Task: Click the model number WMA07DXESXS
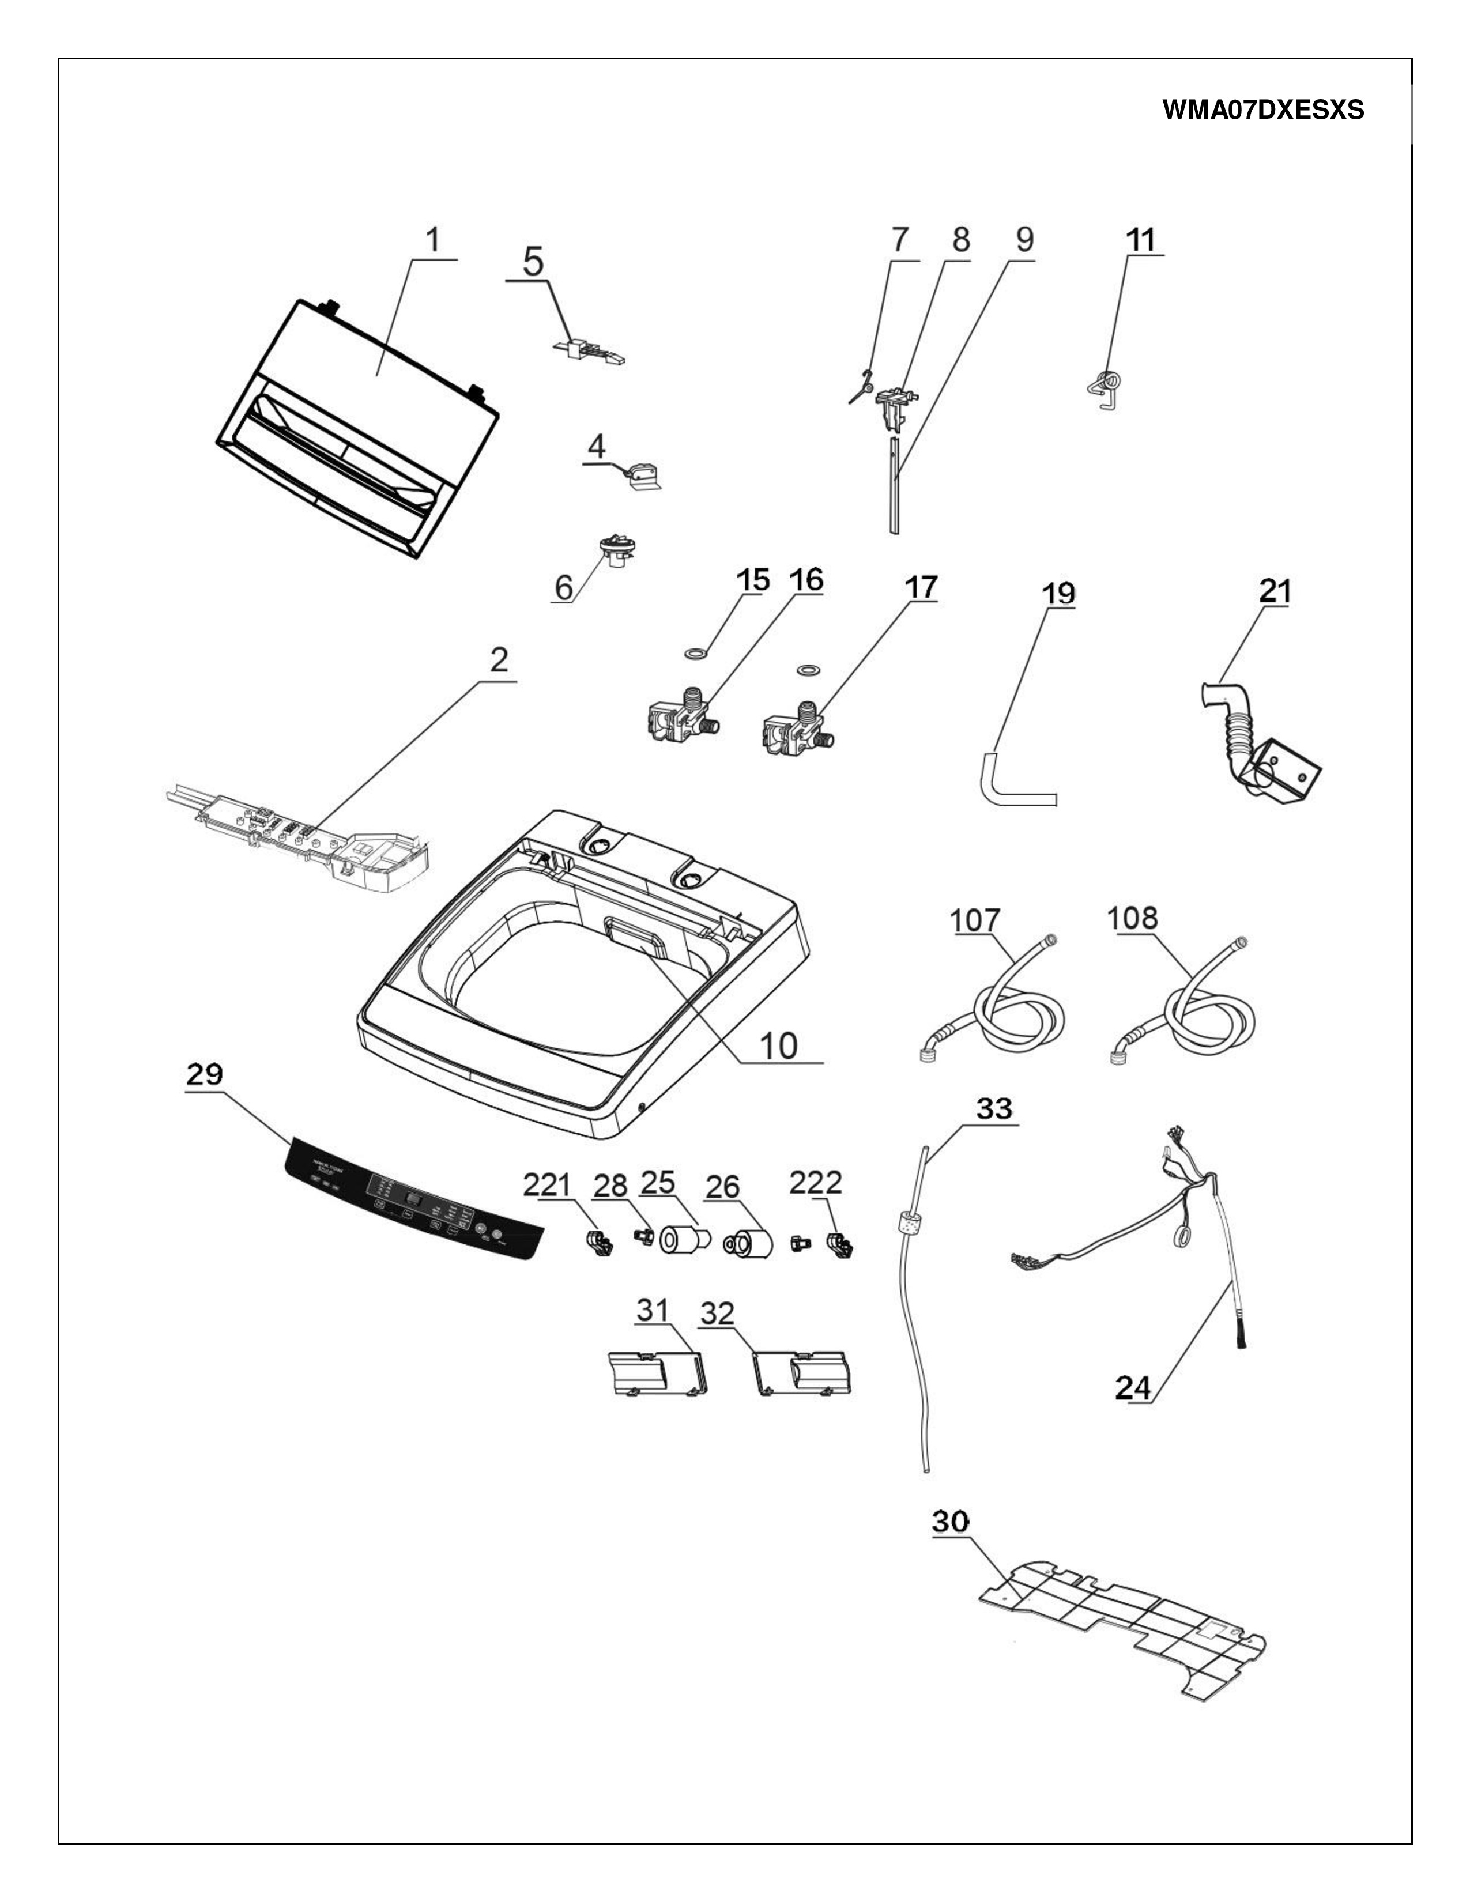[1262, 111]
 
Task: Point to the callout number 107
[976, 920]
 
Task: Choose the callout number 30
[951, 1522]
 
